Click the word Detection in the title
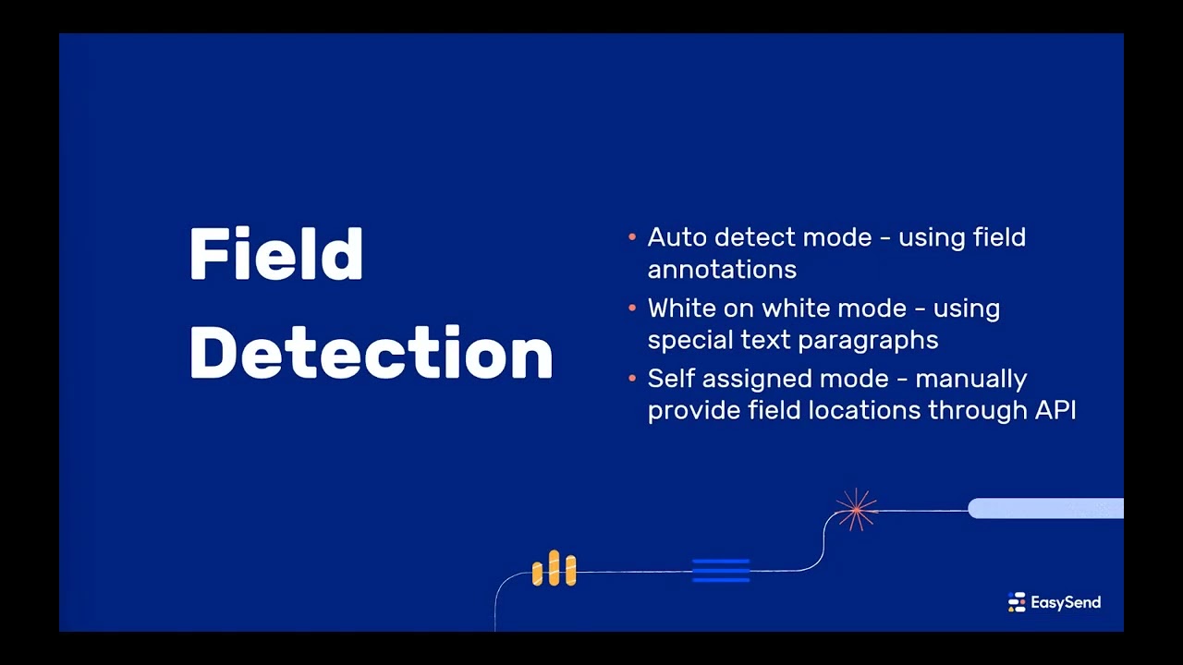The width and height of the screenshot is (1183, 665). coord(371,352)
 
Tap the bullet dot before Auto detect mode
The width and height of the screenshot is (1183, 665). coord(632,237)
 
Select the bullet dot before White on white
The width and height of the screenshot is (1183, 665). coord(632,308)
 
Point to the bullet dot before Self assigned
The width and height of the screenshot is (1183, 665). coord(632,379)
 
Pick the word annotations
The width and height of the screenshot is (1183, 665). coord(722,270)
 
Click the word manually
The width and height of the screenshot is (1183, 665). coord(971,380)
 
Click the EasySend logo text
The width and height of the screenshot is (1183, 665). coord(1066,603)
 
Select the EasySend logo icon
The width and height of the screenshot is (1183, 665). coord(1017,603)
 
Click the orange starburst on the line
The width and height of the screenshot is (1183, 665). coord(856,509)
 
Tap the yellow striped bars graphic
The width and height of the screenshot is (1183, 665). coord(554,569)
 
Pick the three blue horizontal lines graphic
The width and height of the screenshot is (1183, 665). coord(721,570)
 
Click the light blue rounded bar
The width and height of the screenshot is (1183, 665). coord(1045,508)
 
